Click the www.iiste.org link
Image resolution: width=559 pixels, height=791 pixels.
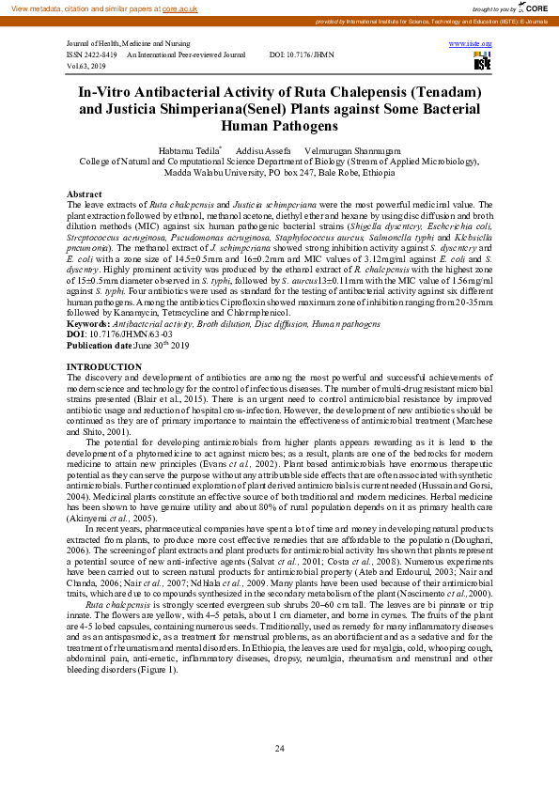click(x=473, y=44)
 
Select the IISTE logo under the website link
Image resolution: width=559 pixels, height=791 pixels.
click(x=482, y=61)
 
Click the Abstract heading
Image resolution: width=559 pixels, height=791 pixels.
click(x=85, y=193)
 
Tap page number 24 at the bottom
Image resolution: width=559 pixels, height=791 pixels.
click(x=279, y=748)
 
